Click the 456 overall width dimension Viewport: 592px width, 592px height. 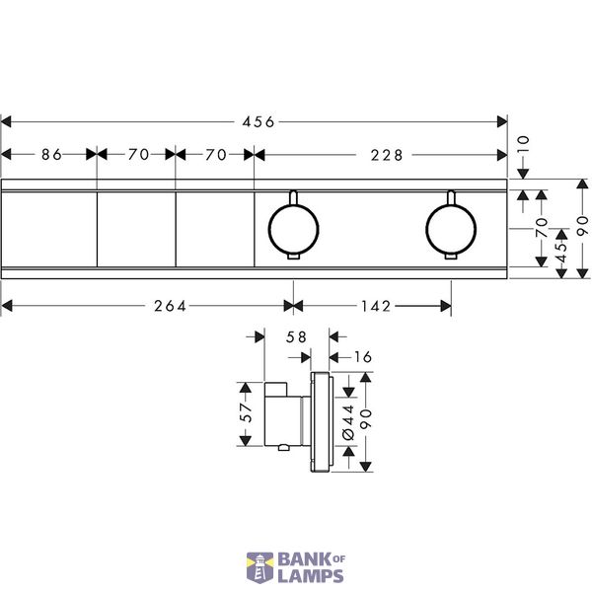coord(259,122)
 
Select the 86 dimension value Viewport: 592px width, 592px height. coord(51,155)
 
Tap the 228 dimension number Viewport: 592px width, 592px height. coord(387,155)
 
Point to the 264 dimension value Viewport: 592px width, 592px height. coord(170,306)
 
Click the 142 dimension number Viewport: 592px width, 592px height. coord(376,306)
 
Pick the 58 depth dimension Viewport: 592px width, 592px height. coord(296,337)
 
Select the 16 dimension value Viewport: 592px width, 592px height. coord(363,357)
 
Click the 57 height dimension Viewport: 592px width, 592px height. coord(246,412)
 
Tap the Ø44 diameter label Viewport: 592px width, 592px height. coord(348,422)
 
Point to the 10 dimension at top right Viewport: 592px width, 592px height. coord(523,144)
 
